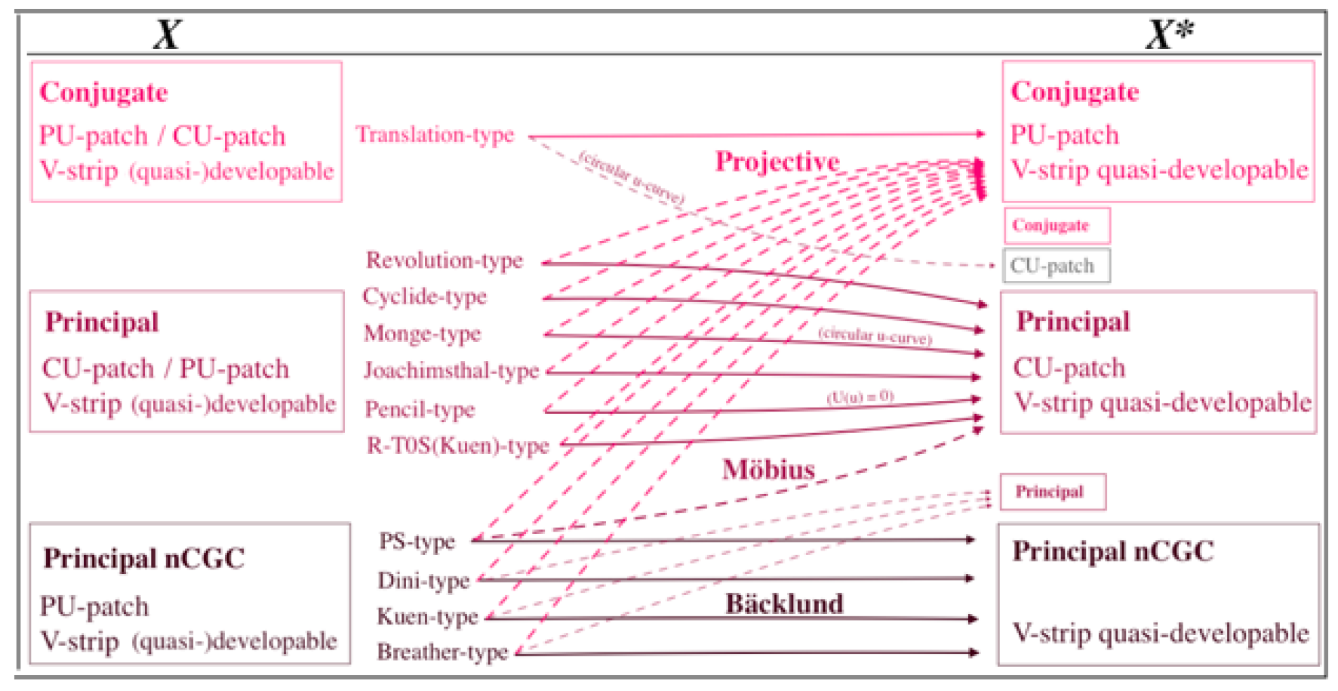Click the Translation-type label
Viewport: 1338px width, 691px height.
(x=435, y=134)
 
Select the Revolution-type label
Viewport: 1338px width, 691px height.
(x=444, y=261)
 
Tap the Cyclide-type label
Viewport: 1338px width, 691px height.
(x=424, y=296)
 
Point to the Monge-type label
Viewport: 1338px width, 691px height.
(x=422, y=333)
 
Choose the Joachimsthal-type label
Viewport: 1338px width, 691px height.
(x=451, y=370)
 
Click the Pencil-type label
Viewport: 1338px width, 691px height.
(x=420, y=409)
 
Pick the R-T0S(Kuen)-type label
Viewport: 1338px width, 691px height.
(x=457, y=446)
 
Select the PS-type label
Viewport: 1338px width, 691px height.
(x=417, y=541)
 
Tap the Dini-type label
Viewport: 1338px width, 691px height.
(x=423, y=580)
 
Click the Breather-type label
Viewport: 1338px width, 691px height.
(x=442, y=652)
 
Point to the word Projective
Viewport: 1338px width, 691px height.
(x=777, y=162)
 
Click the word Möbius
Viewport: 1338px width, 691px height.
(x=768, y=470)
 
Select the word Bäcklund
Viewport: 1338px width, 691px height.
(x=784, y=603)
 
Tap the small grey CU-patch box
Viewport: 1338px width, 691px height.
(x=1055, y=266)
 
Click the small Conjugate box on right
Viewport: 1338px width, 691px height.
(x=1056, y=226)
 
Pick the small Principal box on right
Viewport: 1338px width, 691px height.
(x=1052, y=492)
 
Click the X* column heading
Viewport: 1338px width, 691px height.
(x=1169, y=34)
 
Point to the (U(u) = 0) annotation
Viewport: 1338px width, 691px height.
(x=860, y=396)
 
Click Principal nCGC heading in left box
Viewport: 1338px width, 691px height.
(x=143, y=559)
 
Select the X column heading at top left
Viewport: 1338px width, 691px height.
(x=168, y=34)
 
